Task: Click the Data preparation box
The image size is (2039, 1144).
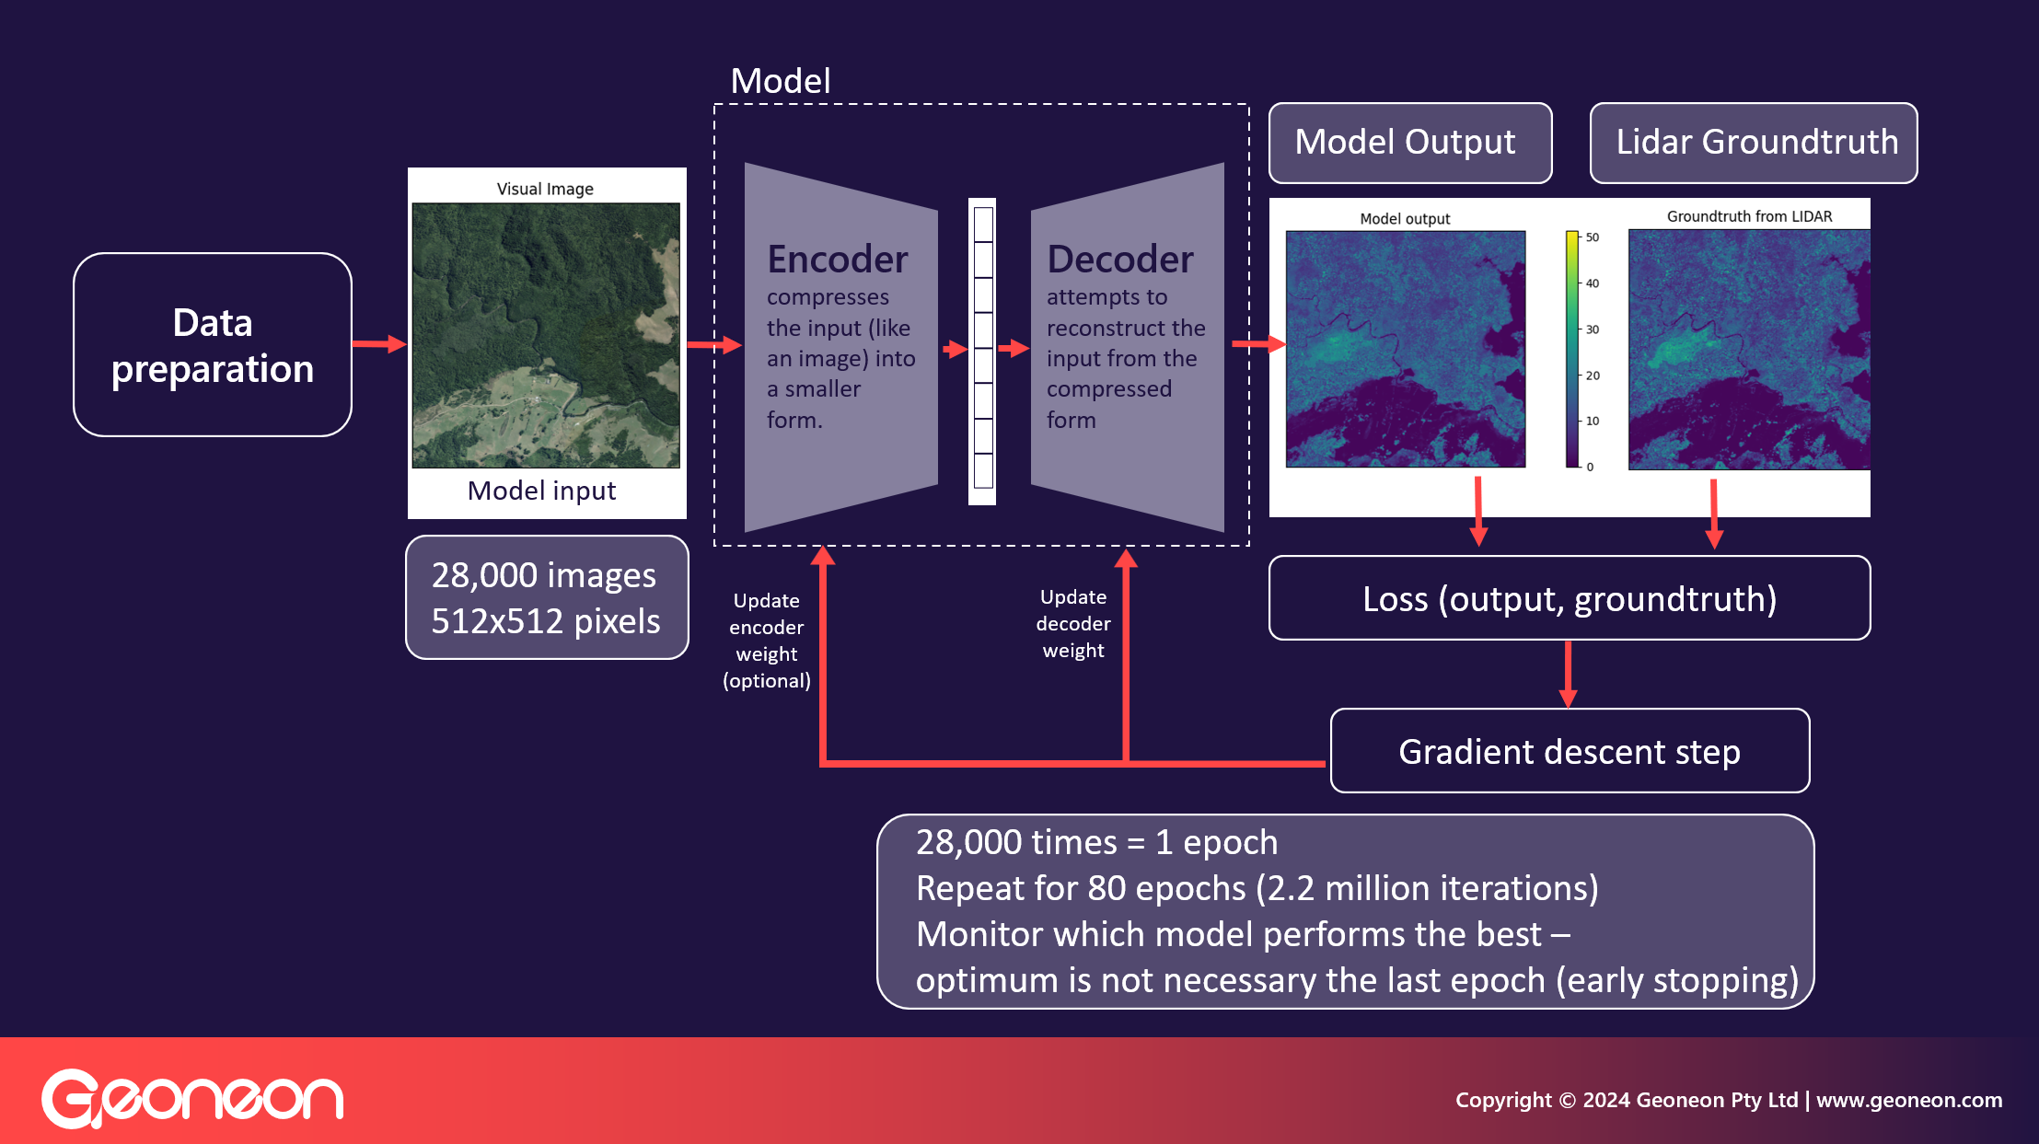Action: (212, 345)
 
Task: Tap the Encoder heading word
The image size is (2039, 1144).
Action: (837, 260)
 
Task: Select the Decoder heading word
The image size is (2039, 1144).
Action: (1119, 260)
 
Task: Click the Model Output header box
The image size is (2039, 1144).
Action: (1409, 143)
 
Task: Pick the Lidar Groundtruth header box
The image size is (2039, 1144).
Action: (1753, 143)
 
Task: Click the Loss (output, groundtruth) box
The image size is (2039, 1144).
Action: (1569, 599)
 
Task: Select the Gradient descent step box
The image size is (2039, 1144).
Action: (1569, 752)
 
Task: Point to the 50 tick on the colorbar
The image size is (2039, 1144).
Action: (1592, 237)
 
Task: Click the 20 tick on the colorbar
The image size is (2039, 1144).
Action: (1592, 376)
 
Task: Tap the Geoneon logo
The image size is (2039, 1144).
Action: (192, 1098)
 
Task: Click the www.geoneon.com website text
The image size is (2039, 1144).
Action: (1908, 1100)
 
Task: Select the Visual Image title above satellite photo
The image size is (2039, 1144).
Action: (545, 189)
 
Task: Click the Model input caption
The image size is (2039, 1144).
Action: (541, 491)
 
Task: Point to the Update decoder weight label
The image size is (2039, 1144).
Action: (1072, 624)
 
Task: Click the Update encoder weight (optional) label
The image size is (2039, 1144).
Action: (766, 641)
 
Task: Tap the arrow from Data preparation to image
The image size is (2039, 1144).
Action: (378, 344)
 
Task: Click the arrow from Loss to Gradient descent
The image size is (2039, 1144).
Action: (1568, 675)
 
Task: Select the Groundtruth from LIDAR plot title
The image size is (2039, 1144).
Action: (1748, 216)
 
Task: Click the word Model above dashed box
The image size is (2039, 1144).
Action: (780, 81)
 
